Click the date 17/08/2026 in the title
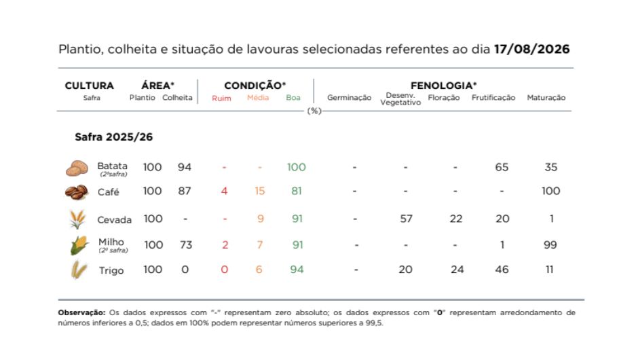coord(532,50)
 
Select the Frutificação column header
coord(493,98)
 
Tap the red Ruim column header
coord(221,98)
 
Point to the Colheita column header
coord(177,98)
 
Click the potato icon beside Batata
coord(77,168)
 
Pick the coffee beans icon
coord(77,192)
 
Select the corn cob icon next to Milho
coord(79,245)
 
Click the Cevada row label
coord(114,220)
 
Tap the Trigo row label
coord(111,270)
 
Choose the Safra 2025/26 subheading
coord(113,137)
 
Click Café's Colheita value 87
coord(185,191)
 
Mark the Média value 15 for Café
coord(259,191)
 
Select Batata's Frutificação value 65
coord(502,167)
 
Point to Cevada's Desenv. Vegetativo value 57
coord(406,219)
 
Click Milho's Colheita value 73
coord(186,245)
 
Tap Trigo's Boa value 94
coord(297,270)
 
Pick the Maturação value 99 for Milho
coord(550,245)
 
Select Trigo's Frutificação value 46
coord(502,270)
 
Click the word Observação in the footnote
coord(81,312)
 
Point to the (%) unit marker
coord(314,111)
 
